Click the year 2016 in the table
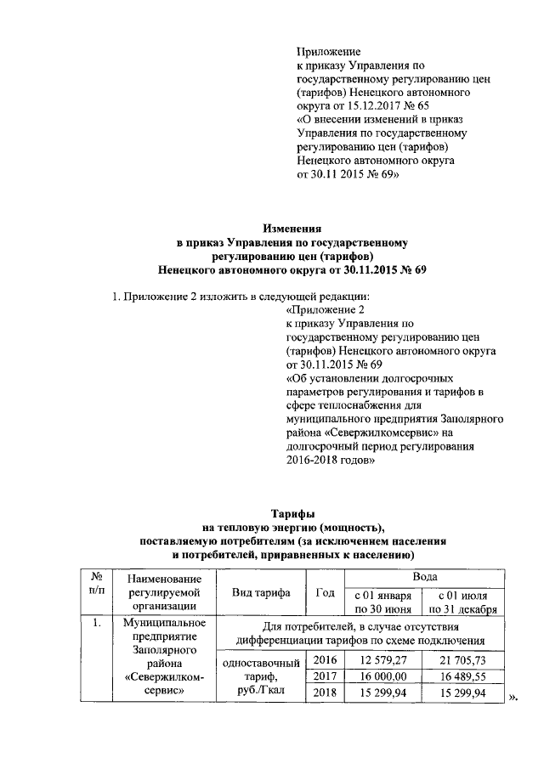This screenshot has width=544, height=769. [x=325, y=660]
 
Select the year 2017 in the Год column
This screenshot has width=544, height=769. [x=325, y=676]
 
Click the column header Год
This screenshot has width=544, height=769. [x=325, y=591]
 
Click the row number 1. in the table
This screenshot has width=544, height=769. [x=97, y=625]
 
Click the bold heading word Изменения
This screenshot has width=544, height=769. [x=292, y=229]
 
